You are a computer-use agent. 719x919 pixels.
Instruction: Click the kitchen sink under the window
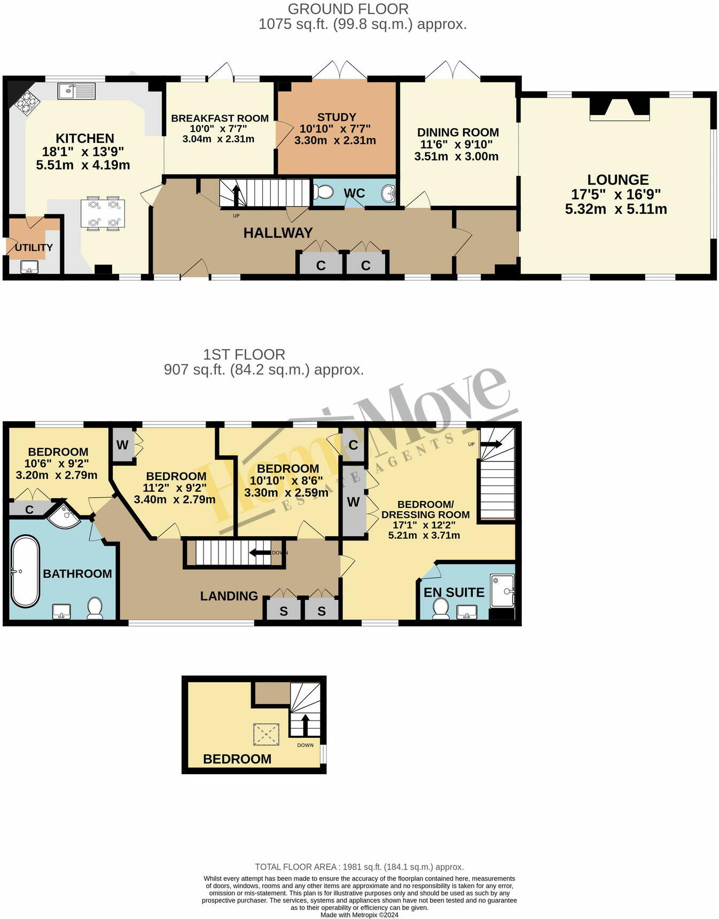pyautogui.click(x=76, y=91)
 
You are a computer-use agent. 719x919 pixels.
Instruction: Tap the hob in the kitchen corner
pyautogui.click(x=27, y=103)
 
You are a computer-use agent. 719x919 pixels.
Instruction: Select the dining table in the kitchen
pyautogui.click(x=103, y=213)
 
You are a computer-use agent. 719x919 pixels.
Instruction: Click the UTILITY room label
pyautogui.click(x=34, y=248)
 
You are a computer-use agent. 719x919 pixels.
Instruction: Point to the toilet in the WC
pyautogui.click(x=324, y=191)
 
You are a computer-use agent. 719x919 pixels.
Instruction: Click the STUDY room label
pyautogui.click(x=336, y=117)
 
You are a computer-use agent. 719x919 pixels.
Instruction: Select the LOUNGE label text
pyautogui.click(x=618, y=180)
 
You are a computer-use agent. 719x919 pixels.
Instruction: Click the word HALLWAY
pyautogui.click(x=278, y=233)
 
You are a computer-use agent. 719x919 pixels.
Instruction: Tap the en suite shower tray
pyautogui.click(x=502, y=590)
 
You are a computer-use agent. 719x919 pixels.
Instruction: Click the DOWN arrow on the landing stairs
pyautogui.click(x=260, y=553)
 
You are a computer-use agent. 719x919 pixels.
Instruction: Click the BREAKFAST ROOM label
pyautogui.click(x=220, y=118)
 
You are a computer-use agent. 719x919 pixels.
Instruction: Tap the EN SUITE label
pyautogui.click(x=454, y=592)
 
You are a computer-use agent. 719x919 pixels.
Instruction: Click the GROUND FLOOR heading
pyautogui.click(x=348, y=9)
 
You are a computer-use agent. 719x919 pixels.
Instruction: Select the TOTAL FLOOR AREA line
pyautogui.click(x=359, y=867)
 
